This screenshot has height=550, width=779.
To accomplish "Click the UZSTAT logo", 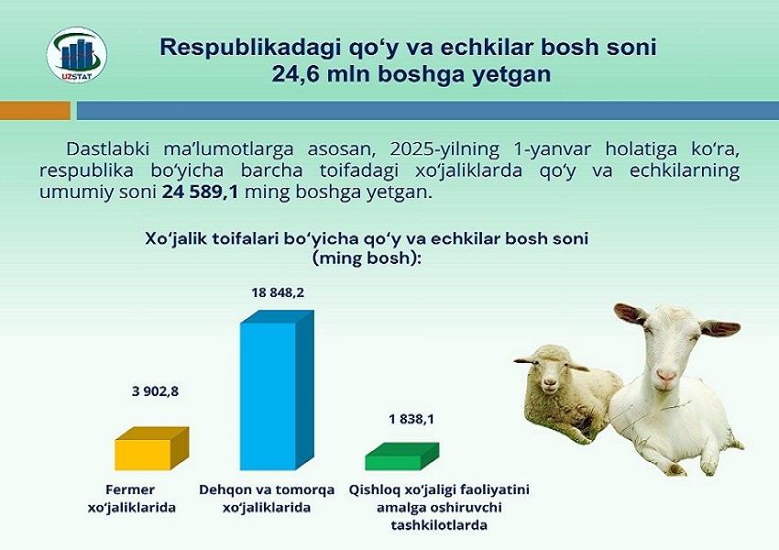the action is coord(76,55).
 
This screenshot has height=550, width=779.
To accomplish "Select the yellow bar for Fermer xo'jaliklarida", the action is coord(151,448).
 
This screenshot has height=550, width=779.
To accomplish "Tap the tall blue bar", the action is coord(277,390).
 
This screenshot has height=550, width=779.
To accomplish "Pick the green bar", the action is coord(402,456).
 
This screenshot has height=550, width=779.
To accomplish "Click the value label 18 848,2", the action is coord(278,292).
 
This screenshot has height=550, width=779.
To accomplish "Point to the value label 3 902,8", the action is coord(155,391).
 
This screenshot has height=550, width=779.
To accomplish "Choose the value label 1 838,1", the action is coord(411,419).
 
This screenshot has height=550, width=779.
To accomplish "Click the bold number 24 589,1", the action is coord(200,192).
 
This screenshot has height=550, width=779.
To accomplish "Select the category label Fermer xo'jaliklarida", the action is coord(132,499).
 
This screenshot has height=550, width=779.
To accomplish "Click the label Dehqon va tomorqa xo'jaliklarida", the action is coord(267,499).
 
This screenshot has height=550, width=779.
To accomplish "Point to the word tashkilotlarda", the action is coord(439,525).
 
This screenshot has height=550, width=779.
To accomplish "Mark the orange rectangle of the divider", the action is coord(35,110).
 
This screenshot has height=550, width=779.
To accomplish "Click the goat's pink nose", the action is coord(665,375).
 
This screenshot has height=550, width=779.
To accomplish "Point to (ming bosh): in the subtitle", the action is coord(367,258).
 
